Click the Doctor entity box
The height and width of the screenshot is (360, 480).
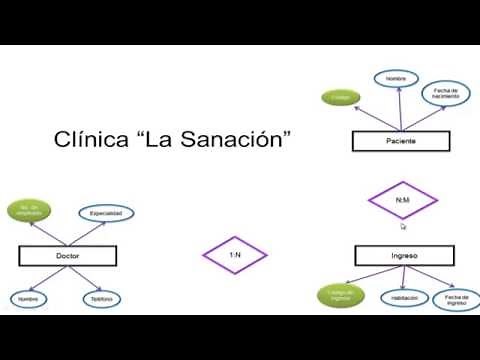coord(67,257)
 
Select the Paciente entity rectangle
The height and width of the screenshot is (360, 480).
coord(399,142)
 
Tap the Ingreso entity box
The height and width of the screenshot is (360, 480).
coord(403,257)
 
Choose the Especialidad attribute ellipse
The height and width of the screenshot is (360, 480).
coord(106,213)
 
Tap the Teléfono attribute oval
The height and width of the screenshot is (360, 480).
coord(98,298)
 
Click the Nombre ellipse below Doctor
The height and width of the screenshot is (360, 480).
coord(30,298)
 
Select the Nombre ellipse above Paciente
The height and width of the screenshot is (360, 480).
coord(395,77)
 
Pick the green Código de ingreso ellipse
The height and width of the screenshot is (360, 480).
coord(335,295)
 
